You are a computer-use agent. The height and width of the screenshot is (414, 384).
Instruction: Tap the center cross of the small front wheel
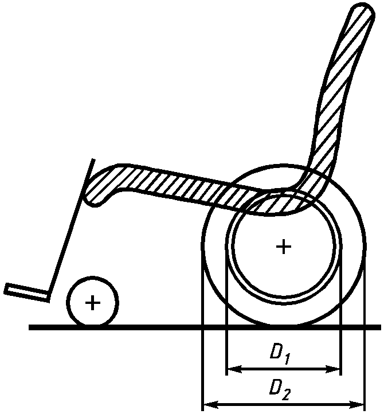coord(92,302)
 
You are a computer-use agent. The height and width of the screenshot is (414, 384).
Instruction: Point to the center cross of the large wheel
coord(283,247)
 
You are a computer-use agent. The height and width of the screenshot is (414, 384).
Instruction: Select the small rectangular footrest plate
coord(26,291)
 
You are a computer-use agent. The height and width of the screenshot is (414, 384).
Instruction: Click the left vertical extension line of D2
coord(203,344)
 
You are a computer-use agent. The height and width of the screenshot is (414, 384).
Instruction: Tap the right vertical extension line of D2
coord(365,344)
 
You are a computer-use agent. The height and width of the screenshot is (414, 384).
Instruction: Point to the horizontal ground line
coord(143,327)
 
